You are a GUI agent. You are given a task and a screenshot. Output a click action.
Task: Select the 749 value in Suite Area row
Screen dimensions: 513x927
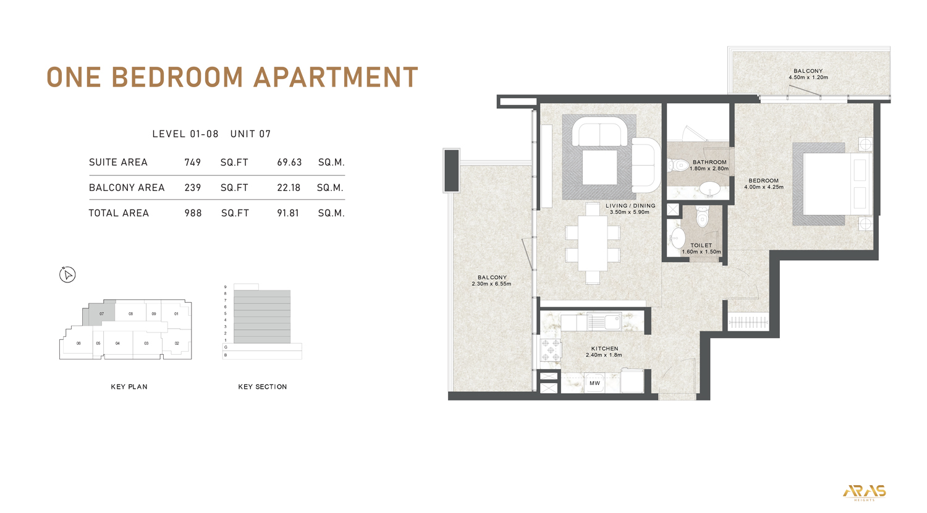(193, 163)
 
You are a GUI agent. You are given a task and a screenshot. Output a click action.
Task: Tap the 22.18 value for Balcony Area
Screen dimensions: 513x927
(289, 188)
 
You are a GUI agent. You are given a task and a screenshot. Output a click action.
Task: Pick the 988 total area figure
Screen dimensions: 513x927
(193, 213)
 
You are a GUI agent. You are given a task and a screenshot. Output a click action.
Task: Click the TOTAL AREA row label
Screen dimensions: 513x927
(119, 213)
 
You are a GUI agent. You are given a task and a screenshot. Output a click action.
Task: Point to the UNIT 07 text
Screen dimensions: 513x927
(250, 134)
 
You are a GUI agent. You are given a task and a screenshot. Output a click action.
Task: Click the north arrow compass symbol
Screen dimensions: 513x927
(67, 274)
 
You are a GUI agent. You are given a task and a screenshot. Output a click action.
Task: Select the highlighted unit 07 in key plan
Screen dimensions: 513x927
(101, 314)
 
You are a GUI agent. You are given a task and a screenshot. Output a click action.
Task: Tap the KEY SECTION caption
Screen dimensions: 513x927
(262, 387)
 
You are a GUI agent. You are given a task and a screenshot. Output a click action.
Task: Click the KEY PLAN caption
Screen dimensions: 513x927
(129, 387)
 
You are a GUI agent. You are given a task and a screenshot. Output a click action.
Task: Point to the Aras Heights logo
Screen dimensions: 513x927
(864, 492)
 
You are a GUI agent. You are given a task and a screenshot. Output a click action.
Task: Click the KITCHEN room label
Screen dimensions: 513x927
(604, 349)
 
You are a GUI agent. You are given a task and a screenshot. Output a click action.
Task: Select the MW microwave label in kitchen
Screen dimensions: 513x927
(595, 383)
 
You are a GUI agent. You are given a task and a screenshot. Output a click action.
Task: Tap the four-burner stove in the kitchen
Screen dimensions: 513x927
(551, 350)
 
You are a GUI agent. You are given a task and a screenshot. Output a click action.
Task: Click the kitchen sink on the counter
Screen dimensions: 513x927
(605, 322)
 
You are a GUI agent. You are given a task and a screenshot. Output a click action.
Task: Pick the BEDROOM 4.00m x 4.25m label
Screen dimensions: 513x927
(763, 184)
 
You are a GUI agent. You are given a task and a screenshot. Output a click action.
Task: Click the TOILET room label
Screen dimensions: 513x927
(701, 245)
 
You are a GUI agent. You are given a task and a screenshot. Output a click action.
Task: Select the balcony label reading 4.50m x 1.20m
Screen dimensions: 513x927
(808, 74)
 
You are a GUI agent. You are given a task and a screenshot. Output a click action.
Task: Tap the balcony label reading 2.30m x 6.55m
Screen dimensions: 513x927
(491, 281)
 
